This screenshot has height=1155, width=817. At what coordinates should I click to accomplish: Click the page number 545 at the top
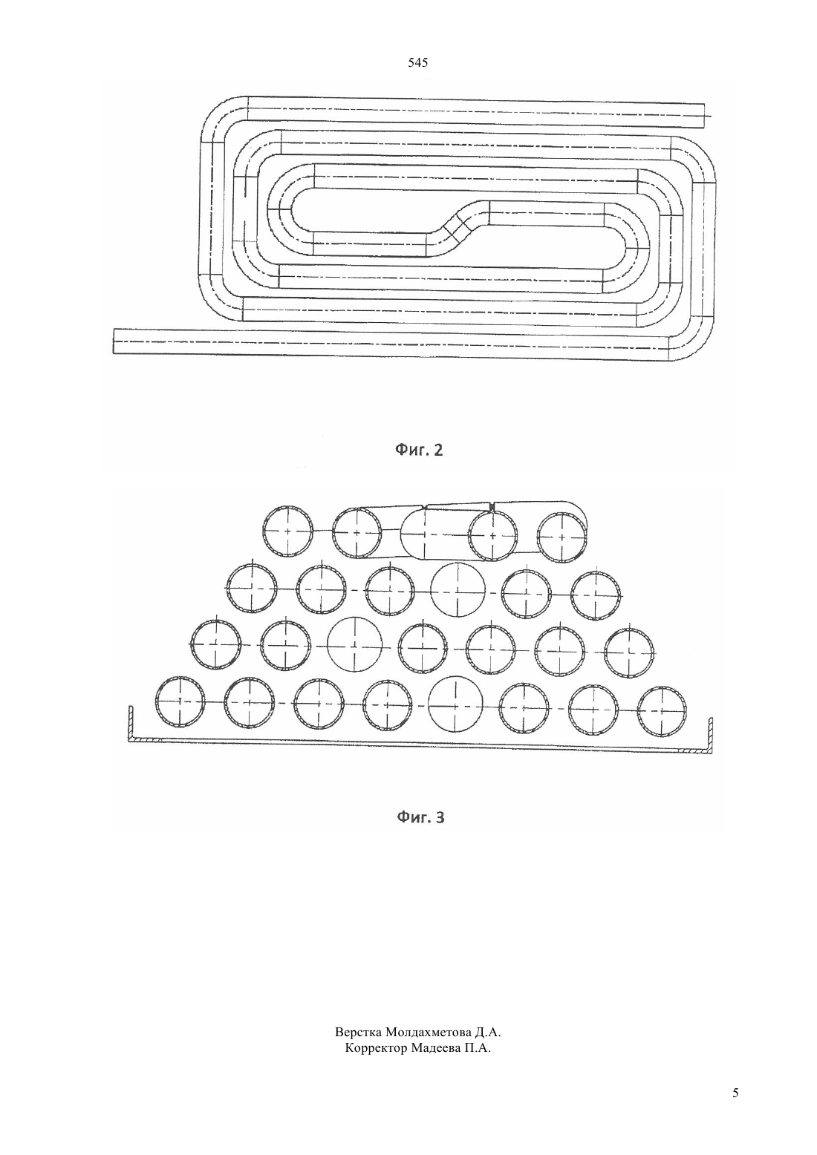pyautogui.click(x=417, y=63)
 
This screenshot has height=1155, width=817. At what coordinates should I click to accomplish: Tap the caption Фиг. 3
pyautogui.click(x=420, y=817)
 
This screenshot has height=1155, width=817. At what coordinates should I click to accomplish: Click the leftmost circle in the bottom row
pyautogui.click(x=180, y=701)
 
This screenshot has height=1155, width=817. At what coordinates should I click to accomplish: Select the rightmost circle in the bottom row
pyautogui.click(x=663, y=711)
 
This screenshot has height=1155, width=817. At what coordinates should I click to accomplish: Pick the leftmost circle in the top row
pyautogui.click(x=288, y=531)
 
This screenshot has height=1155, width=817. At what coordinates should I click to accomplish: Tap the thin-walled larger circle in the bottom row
pyautogui.click(x=456, y=703)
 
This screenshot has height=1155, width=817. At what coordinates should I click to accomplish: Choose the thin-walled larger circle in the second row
pyautogui.click(x=458, y=590)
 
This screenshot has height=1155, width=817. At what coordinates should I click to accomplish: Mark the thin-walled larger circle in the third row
pyautogui.click(x=355, y=644)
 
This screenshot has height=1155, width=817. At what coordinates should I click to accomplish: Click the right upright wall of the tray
pyautogui.click(x=710, y=736)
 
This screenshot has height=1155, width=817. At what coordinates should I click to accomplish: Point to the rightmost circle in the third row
pyautogui.click(x=629, y=653)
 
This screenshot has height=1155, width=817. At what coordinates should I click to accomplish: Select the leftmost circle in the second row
pyautogui.click(x=253, y=589)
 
